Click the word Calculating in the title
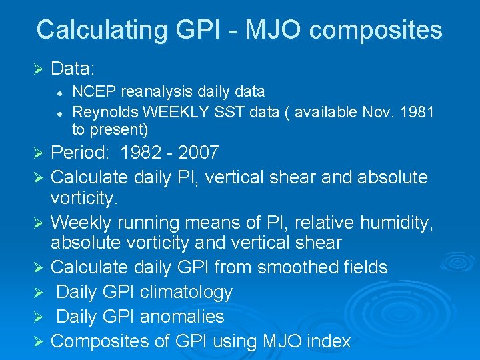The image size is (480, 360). [100, 30]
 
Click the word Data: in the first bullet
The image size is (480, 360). [73, 69]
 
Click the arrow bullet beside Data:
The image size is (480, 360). [37, 69]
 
